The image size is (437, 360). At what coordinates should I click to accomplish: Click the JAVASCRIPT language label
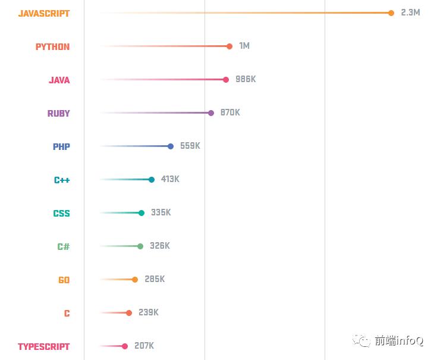[x=43, y=13]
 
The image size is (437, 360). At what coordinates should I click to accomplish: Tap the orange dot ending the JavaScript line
[x=391, y=13]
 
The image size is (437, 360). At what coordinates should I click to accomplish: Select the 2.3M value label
[x=410, y=12]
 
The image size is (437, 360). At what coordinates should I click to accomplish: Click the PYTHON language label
[x=52, y=46]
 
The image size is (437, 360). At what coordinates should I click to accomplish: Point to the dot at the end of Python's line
[x=229, y=46]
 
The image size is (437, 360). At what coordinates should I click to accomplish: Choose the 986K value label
[x=246, y=79]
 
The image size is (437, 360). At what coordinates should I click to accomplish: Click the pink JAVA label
[x=59, y=80]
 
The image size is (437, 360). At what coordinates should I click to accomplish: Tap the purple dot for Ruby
[x=211, y=113]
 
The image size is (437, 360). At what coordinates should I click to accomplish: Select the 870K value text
[x=230, y=112]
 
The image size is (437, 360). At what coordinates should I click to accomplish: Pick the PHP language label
[x=61, y=146]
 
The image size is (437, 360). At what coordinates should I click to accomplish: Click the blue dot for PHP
[x=171, y=146]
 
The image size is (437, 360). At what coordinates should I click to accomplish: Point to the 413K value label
[x=170, y=179]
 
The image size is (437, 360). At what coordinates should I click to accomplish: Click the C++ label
[x=62, y=180]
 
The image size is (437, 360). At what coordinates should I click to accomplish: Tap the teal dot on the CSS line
[x=142, y=213]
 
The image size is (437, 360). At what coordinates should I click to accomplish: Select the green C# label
[x=64, y=246]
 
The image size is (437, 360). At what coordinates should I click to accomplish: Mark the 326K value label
[x=159, y=246]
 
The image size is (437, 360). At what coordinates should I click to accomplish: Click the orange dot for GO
[x=135, y=280]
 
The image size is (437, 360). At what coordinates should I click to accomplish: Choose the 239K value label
[x=149, y=312]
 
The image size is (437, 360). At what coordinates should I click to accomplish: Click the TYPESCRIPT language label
[x=43, y=346]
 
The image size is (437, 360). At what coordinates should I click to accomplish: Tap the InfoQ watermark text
[x=398, y=341]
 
